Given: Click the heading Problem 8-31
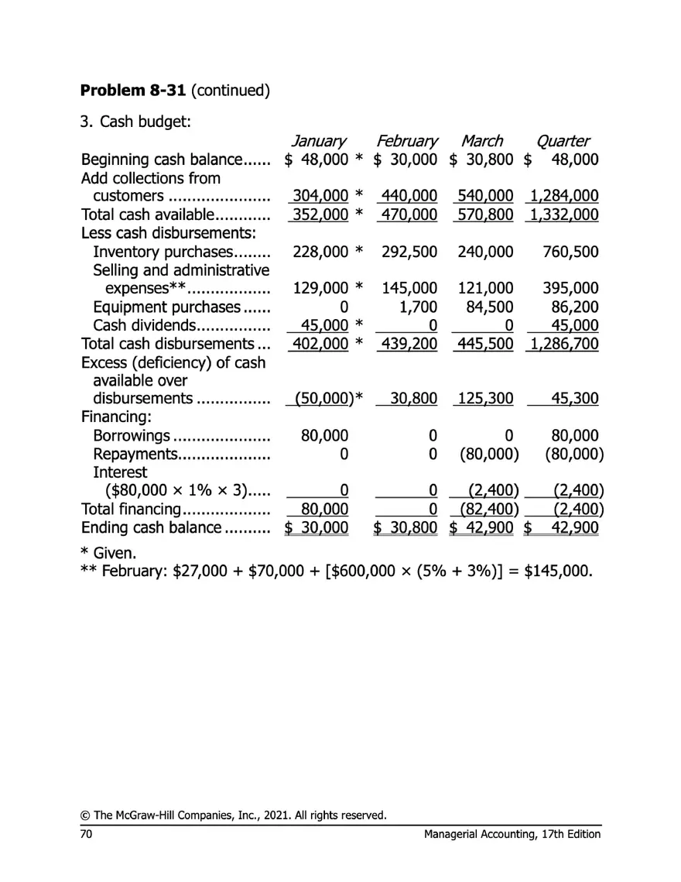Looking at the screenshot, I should click(132, 90).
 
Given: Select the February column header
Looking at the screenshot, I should click(406, 141).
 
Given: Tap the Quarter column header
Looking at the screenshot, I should click(563, 141).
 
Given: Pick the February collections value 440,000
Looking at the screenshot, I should click(407, 197).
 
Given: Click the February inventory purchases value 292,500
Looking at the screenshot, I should click(409, 252).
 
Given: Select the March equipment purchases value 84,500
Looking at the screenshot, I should click(490, 307).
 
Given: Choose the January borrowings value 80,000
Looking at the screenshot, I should click(324, 436).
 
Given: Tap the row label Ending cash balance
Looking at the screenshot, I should click(151, 529).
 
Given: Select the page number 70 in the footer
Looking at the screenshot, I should click(87, 834).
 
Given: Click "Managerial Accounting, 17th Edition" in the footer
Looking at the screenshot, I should click(512, 834).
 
